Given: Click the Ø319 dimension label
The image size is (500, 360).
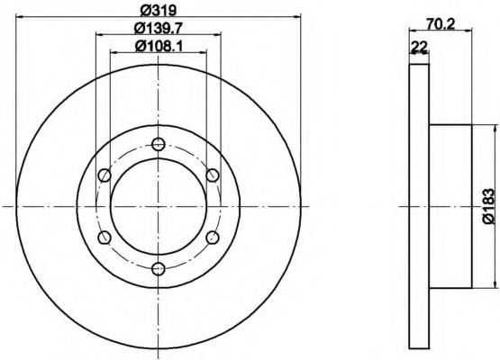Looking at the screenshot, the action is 159,10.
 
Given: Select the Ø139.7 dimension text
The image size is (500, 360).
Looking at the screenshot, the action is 159,29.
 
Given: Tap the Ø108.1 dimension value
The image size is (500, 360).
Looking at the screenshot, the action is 159,47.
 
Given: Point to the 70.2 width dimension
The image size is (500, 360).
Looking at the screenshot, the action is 441,24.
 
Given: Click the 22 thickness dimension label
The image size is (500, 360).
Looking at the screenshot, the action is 419,47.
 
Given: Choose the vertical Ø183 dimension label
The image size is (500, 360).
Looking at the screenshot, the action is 488,206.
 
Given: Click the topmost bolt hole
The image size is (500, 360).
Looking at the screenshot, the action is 159,144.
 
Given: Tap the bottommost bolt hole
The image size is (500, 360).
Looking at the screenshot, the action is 159,269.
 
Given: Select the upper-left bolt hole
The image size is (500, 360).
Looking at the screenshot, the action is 105,175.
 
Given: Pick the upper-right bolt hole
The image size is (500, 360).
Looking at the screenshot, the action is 213,175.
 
